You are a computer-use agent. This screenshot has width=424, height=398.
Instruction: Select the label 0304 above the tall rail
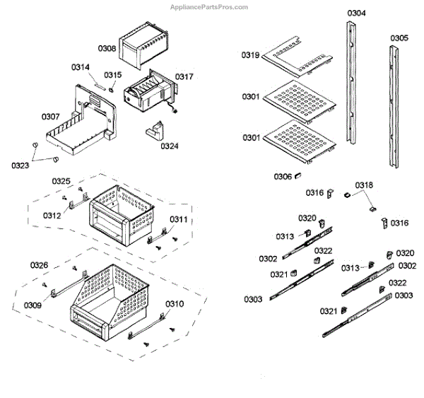[357, 13]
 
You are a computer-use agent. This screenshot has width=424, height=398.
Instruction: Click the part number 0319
[250, 54]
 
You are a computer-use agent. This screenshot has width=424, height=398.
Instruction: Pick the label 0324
[169, 146]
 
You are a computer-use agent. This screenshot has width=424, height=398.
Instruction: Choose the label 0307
[50, 117]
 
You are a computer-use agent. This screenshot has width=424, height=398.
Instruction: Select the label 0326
[39, 265]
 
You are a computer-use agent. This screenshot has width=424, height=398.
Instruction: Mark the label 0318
[364, 185]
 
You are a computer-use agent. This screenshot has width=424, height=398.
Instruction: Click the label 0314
[81, 67]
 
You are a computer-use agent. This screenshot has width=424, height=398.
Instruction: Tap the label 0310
[175, 305]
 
